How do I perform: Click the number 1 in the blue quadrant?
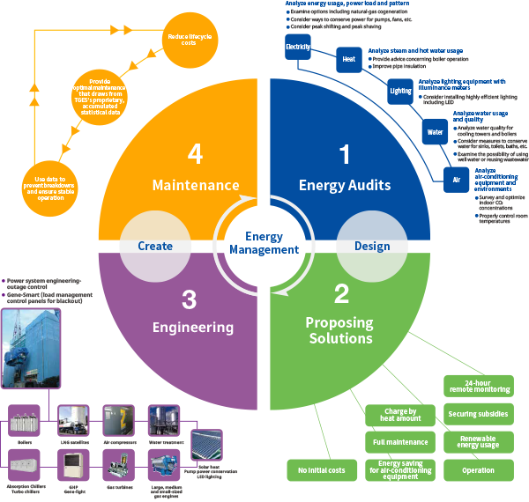click(x=345, y=154)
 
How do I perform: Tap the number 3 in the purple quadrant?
click(x=189, y=299)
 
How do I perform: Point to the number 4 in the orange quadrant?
click(x=196, y=154)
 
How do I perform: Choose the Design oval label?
click(x=372, y=246)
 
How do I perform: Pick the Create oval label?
click(x=155, y=246)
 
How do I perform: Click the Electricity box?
click(x=298, y=46)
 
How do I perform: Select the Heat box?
click(x=349, y=60)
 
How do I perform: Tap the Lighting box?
click(x=400, y=91)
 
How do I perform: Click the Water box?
click(x=436, y=133)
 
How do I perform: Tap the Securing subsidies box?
click(x=477, y=413)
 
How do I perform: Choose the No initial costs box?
click(x=322, y=470)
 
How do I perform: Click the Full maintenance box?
click(x=401, y=441)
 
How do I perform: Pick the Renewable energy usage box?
click(x=477, y=441)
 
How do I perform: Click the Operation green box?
click(x=477, y=470)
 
